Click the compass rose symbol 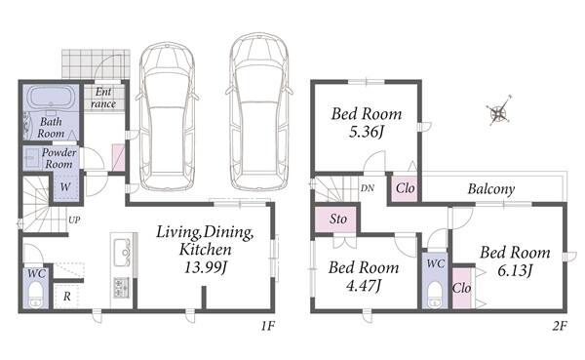(x=498, y=110)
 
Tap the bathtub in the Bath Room (x=51, y=98)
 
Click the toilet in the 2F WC (x=435, y=295)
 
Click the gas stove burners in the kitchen (x=121, y=287)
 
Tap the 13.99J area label (x=206, y=267)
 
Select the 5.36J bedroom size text (x=367, y=132)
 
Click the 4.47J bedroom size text (x=364, y=286)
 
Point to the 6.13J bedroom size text (x=515, y=270)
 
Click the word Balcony (x=491, y=189)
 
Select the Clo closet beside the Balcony (x=404, y=188)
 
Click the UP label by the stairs (x=74, y=220)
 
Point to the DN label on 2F (x=368, y=188)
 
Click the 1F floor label (x=267, y=327)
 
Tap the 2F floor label (x=560, y=327)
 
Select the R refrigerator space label (x=66, y=297)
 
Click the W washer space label (x=65, y=186)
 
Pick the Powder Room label (x=58, y=158)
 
